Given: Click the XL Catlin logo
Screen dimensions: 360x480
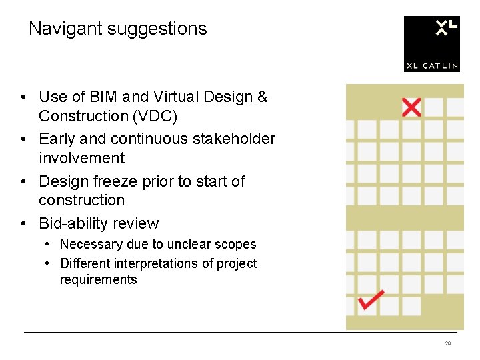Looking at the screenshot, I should pos(431,43).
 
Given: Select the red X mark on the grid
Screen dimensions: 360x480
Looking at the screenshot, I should pos(411,107).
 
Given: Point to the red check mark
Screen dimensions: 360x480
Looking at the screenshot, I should pos(371,299).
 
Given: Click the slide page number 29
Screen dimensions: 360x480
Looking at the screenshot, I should pos(448,343).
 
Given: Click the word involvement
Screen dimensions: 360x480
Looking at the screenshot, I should pos(81,158).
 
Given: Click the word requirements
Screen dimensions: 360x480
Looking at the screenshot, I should pos(98,279).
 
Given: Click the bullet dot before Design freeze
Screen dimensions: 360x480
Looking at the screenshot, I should pos(23,181).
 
